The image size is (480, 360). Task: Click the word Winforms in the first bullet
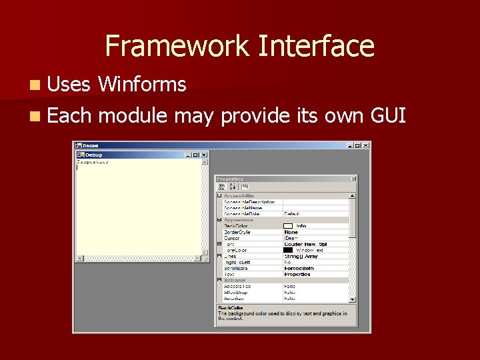click(141, 85)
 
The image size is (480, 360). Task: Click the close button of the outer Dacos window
click(366, 145)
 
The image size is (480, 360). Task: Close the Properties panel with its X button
click(354, 179)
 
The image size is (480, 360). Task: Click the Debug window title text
click(94, 155)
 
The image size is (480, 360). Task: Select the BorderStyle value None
click(291, 232)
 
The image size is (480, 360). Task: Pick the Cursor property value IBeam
click(291, 238)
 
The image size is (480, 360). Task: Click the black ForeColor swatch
click(288, 250)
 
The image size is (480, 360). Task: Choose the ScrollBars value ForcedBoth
click(297, 268)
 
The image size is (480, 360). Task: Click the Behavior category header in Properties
click(235, 280)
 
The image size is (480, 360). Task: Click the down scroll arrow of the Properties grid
click(353, 300)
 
